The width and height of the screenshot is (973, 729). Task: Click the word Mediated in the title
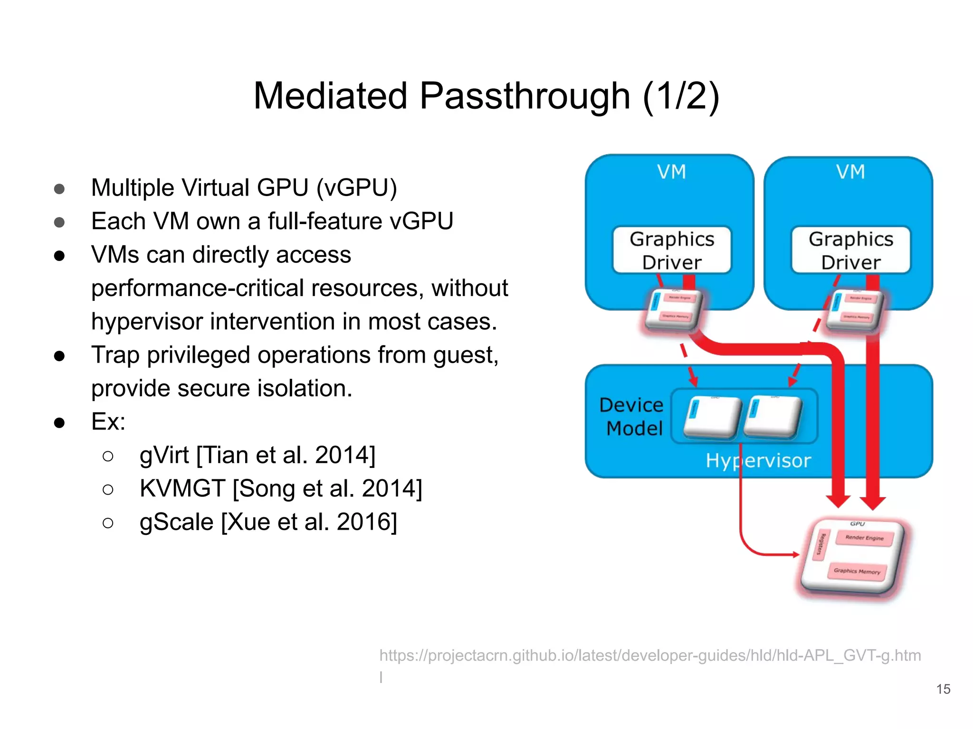click(x=330, y=96)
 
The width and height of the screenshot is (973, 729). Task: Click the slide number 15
click(x=943, y=689)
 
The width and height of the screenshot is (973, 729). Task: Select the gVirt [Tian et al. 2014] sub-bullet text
click(x=257, y=455)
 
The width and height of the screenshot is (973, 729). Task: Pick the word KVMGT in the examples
click(x=182, y=488)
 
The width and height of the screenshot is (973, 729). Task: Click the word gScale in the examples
click(x=176, y=522)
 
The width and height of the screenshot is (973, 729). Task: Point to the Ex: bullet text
click(x=108, y=421)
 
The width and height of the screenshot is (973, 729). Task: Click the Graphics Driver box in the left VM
click(x=672, y=250)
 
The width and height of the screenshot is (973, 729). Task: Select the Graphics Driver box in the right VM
click(x=851, y=250)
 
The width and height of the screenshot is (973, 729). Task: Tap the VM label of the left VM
click(x=672, y=172)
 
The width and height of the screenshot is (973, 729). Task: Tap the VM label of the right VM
click(x=851, y=172)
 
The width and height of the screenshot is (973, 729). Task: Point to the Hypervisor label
click(x=758, y=460)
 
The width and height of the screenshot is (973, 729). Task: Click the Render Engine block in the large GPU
click(x=864, y=538)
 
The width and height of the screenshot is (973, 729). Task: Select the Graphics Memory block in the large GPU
click(x=857, y=571)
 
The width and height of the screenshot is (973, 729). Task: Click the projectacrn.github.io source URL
click(x=649, y=655)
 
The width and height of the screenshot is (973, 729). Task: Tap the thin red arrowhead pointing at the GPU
click(x=796, y=554)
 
